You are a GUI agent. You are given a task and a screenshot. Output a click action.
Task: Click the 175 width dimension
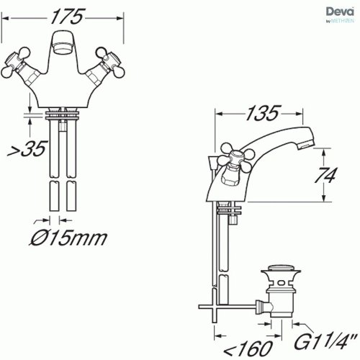68,17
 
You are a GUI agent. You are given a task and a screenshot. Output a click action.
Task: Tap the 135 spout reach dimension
263,113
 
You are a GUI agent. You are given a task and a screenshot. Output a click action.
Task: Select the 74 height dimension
325,175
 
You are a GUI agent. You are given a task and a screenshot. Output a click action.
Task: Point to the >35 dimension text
27,149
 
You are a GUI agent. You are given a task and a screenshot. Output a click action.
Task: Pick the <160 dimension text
248,348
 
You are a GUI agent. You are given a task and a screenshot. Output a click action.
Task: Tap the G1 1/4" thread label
325,341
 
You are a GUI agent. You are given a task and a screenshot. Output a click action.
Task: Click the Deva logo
340,15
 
